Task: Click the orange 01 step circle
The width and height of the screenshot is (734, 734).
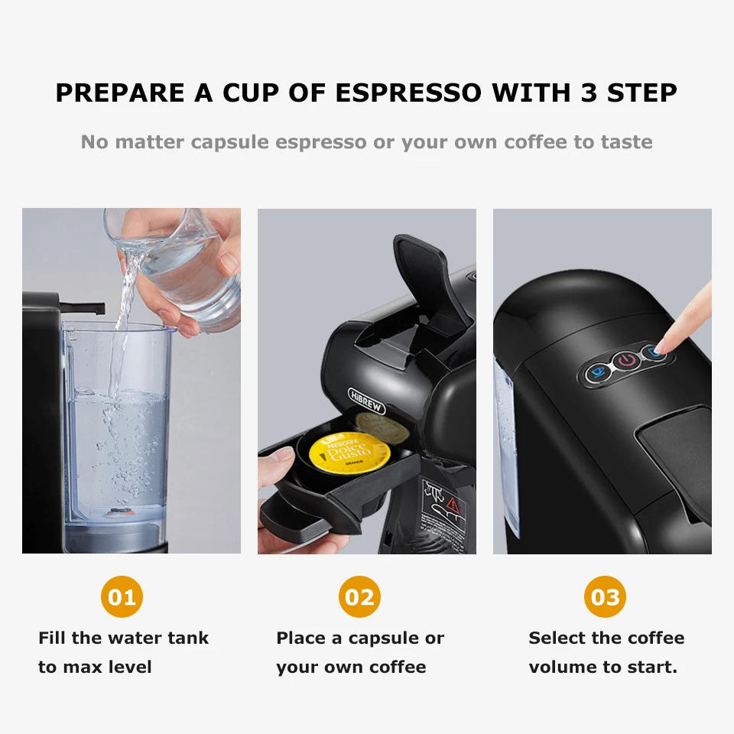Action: [122, 596]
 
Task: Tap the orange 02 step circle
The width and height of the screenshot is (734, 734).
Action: [359, 596]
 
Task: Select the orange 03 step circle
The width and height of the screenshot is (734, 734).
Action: [605, 596]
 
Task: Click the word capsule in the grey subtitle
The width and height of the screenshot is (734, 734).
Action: [230, 142]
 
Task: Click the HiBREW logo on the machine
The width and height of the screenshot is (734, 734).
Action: [367, 401]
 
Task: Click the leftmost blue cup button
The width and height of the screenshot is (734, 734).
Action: [597, 372]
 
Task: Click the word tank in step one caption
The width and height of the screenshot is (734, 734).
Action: [189, 638]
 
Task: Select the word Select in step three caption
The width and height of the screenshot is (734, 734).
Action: [556, 638]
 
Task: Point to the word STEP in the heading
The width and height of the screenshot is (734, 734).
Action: [641, 93]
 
